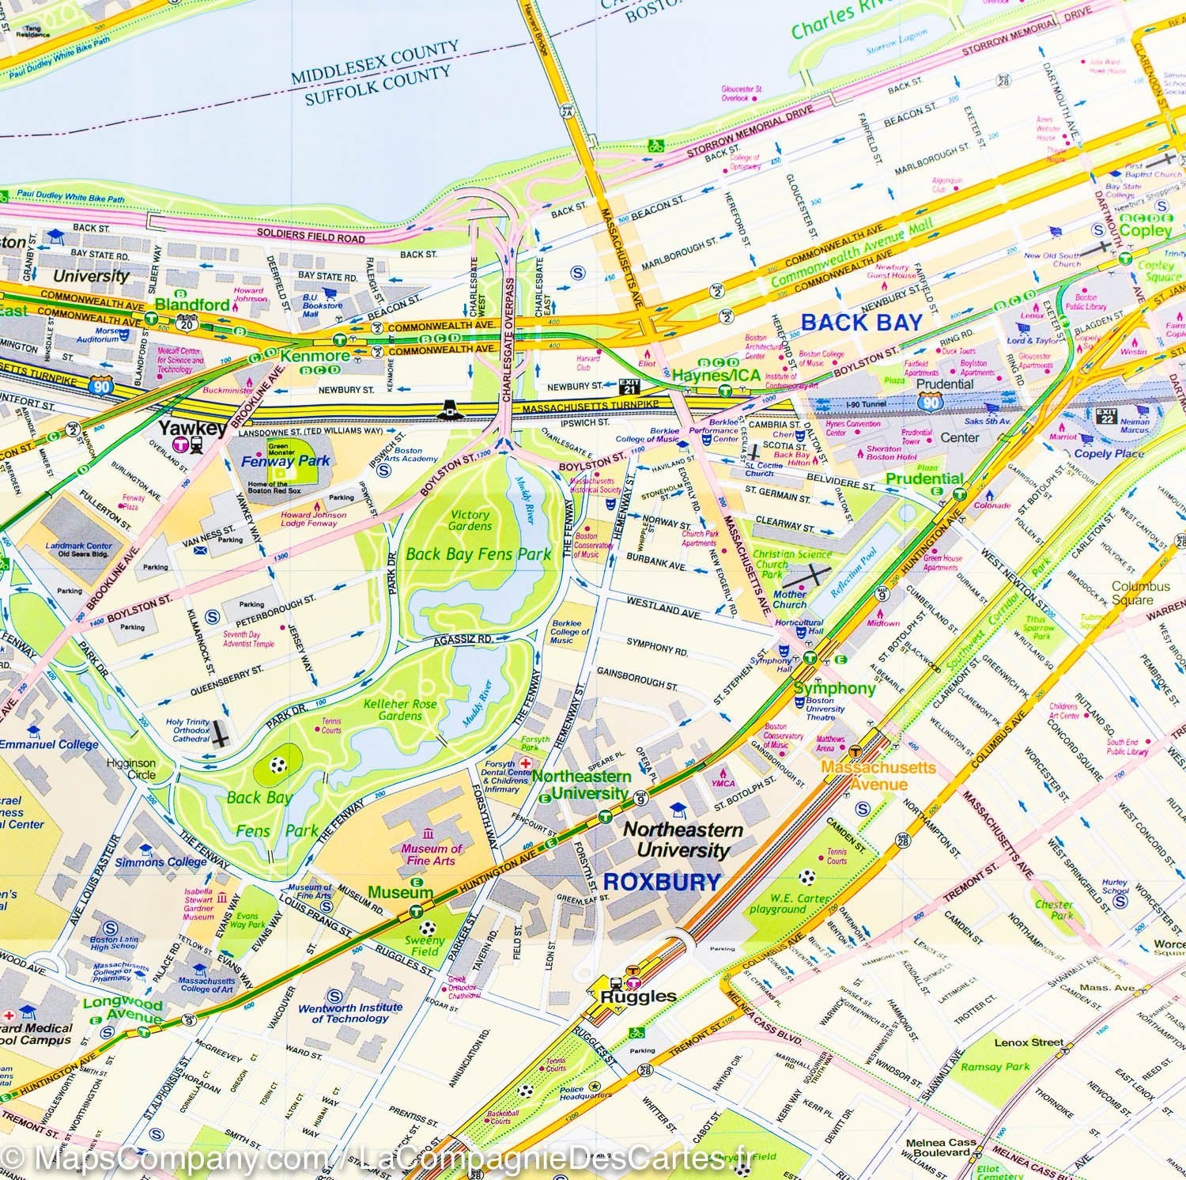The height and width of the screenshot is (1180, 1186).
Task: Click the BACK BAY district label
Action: [x=861, y=322]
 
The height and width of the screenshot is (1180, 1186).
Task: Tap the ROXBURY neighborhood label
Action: [x=662, y=882]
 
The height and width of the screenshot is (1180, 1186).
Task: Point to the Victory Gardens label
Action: [x=470, y=520]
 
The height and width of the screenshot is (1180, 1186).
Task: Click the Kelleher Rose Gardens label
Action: [x=392, y=709]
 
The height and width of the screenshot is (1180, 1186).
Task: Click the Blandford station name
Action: [x=192, y=304]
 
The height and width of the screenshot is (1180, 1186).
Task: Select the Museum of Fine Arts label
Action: [x=432, y=854]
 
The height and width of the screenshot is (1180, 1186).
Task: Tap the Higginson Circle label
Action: [x=132, y=770]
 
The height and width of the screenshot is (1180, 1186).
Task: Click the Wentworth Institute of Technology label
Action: [x=349, y=1013]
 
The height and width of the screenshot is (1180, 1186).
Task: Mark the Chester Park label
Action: [x=1053, y=910]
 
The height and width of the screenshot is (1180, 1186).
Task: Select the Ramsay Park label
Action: [x=996, y=1066]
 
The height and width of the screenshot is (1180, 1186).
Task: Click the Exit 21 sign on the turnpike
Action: [x=629, y=386]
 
